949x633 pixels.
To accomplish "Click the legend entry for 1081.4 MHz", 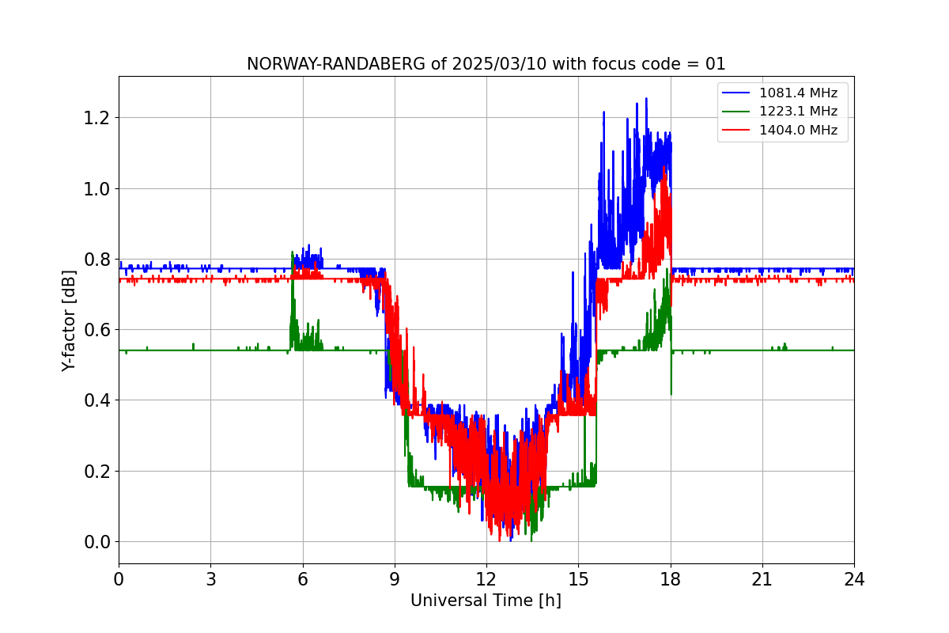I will tap(798, 93).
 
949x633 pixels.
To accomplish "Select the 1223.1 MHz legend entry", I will tap(798, 112).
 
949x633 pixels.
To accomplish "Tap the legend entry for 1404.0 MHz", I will tap(798, 130).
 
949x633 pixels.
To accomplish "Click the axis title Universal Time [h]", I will tap(486, 601).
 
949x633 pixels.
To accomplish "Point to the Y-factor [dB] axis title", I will tap(70, 320).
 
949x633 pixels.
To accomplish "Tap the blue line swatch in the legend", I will tap(736, 93).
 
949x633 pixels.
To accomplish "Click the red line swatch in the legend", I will tap(736, 130).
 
